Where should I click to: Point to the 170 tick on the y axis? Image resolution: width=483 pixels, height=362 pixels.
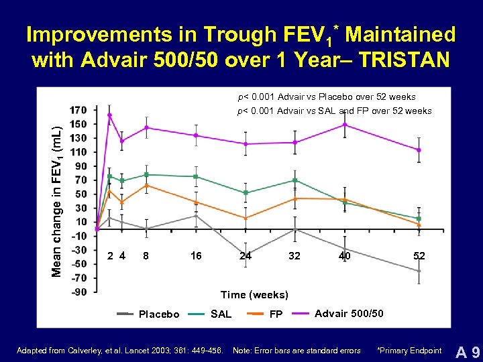click(77, 110)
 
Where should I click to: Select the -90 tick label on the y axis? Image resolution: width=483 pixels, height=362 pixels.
click(77, 292)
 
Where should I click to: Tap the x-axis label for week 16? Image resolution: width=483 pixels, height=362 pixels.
click(196, 255)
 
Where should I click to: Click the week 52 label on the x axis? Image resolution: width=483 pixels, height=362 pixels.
click(419, 255)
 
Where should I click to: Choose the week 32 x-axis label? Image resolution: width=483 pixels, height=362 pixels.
click(294, 255)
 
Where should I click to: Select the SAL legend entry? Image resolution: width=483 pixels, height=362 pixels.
click(221, 314)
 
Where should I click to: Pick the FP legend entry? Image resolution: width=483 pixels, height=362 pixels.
click(275, 314)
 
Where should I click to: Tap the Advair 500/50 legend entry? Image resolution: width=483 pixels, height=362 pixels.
click(349, 313)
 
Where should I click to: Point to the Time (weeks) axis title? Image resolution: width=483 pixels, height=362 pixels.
click(255, 295)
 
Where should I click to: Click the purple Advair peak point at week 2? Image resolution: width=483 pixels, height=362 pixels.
click(109, 115)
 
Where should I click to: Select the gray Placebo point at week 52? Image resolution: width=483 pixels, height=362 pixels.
click(419, 271)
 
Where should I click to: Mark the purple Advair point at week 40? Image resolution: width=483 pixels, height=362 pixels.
click(345, 125)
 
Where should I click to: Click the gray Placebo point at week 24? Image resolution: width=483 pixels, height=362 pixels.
click(246, 253)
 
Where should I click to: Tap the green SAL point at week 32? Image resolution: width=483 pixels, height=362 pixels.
click(294, 180)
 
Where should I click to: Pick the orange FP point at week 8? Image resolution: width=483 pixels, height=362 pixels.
click(146, 186)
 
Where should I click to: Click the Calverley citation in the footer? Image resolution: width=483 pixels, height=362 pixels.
click(121, 351)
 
